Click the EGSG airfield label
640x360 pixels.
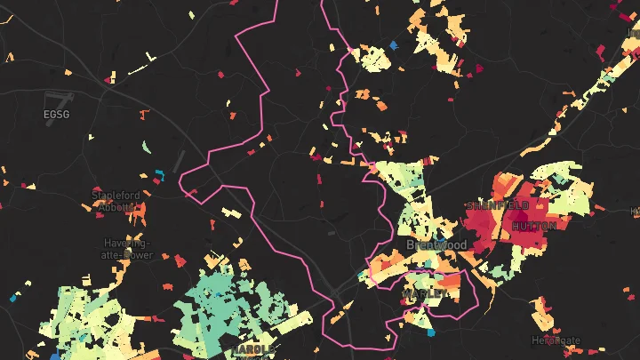[x=54, y=114]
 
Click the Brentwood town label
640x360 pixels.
[x=436, y=244]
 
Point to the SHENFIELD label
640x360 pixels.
[x=497, y=205]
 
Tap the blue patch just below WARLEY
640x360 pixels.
[x=431, y=333]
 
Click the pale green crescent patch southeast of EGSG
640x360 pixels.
[x=146, y=146]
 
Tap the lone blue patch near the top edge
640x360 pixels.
[x=394, y=44]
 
